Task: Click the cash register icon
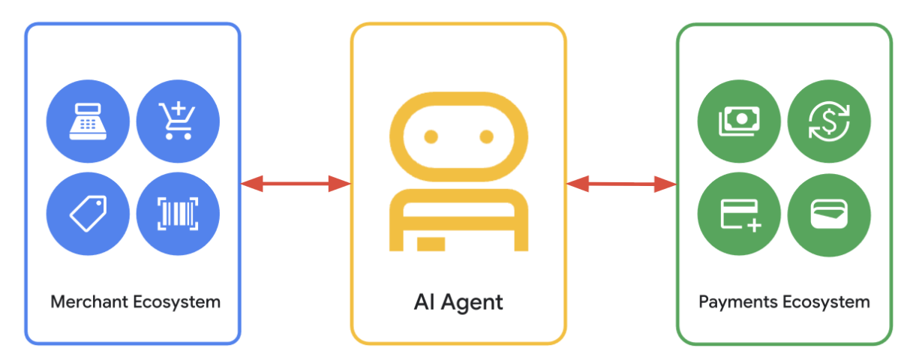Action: click(88, 121)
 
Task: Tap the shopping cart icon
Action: click(177, 121)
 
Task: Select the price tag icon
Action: click(89, 214)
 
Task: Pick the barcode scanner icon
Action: click(178, 214)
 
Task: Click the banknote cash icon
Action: click(739, 121)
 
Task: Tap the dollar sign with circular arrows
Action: click(829, 121)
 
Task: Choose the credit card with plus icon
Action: click(740, 216)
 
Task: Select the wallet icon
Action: click(829, 214)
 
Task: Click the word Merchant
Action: click(89, 301)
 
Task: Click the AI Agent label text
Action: click(458, 302)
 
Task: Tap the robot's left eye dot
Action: click(431, 136)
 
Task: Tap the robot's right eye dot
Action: click(486, 136)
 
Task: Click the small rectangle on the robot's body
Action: click(431, 244)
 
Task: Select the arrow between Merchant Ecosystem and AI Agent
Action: click(296, 184)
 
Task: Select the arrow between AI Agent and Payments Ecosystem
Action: click(621, 184)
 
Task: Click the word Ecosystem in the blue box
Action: click(176, 302)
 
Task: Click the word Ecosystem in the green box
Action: click(826, 302)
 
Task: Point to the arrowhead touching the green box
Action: click(665, 184)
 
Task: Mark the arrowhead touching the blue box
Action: click(252, 184)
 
